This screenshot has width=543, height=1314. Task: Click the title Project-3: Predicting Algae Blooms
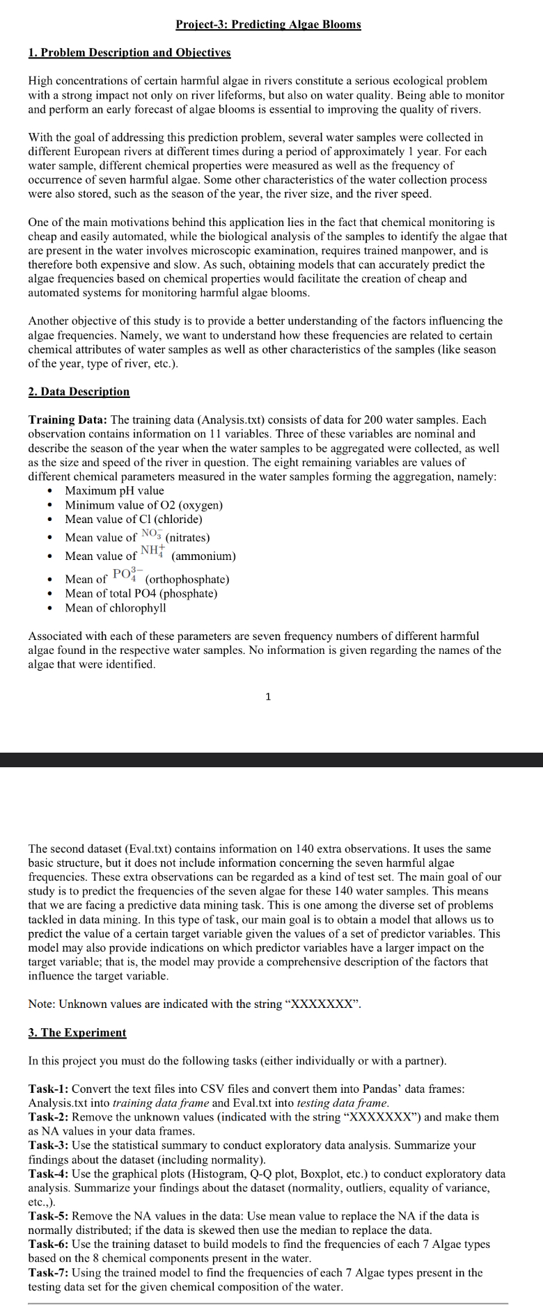pyautogui.click(x=268, y=24)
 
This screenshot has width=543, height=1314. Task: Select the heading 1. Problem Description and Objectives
pyautogui.click(x=129, y=52)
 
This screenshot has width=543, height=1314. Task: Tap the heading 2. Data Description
pyautogui.click(x=79, y=392)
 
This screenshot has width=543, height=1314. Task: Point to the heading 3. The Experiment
pyautogui.click(x=77, y=1032)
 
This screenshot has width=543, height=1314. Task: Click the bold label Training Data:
pyautogui.click(x=68, y=420)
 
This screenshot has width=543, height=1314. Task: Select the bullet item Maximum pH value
pyautogui.click(x=114, y=490)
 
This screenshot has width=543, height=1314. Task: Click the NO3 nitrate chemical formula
pyautogui.click(x=151, y=534)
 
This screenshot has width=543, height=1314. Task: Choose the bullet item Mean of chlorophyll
pyautogui.click(x=116, y=608)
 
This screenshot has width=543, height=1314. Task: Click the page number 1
pyautogui.click(x=269, y=696)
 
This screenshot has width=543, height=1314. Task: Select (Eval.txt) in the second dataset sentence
pyautogui.click(x=152, y=849)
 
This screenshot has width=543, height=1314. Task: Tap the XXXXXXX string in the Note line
pyautogui.click(x=322, y=1004)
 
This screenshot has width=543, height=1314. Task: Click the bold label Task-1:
pyautogui.click(x=49, y=1089)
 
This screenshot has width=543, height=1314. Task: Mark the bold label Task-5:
pyautogui.click(x=49, y=1216)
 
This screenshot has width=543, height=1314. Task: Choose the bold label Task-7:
pyautogui.click(x=49, y=1272)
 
